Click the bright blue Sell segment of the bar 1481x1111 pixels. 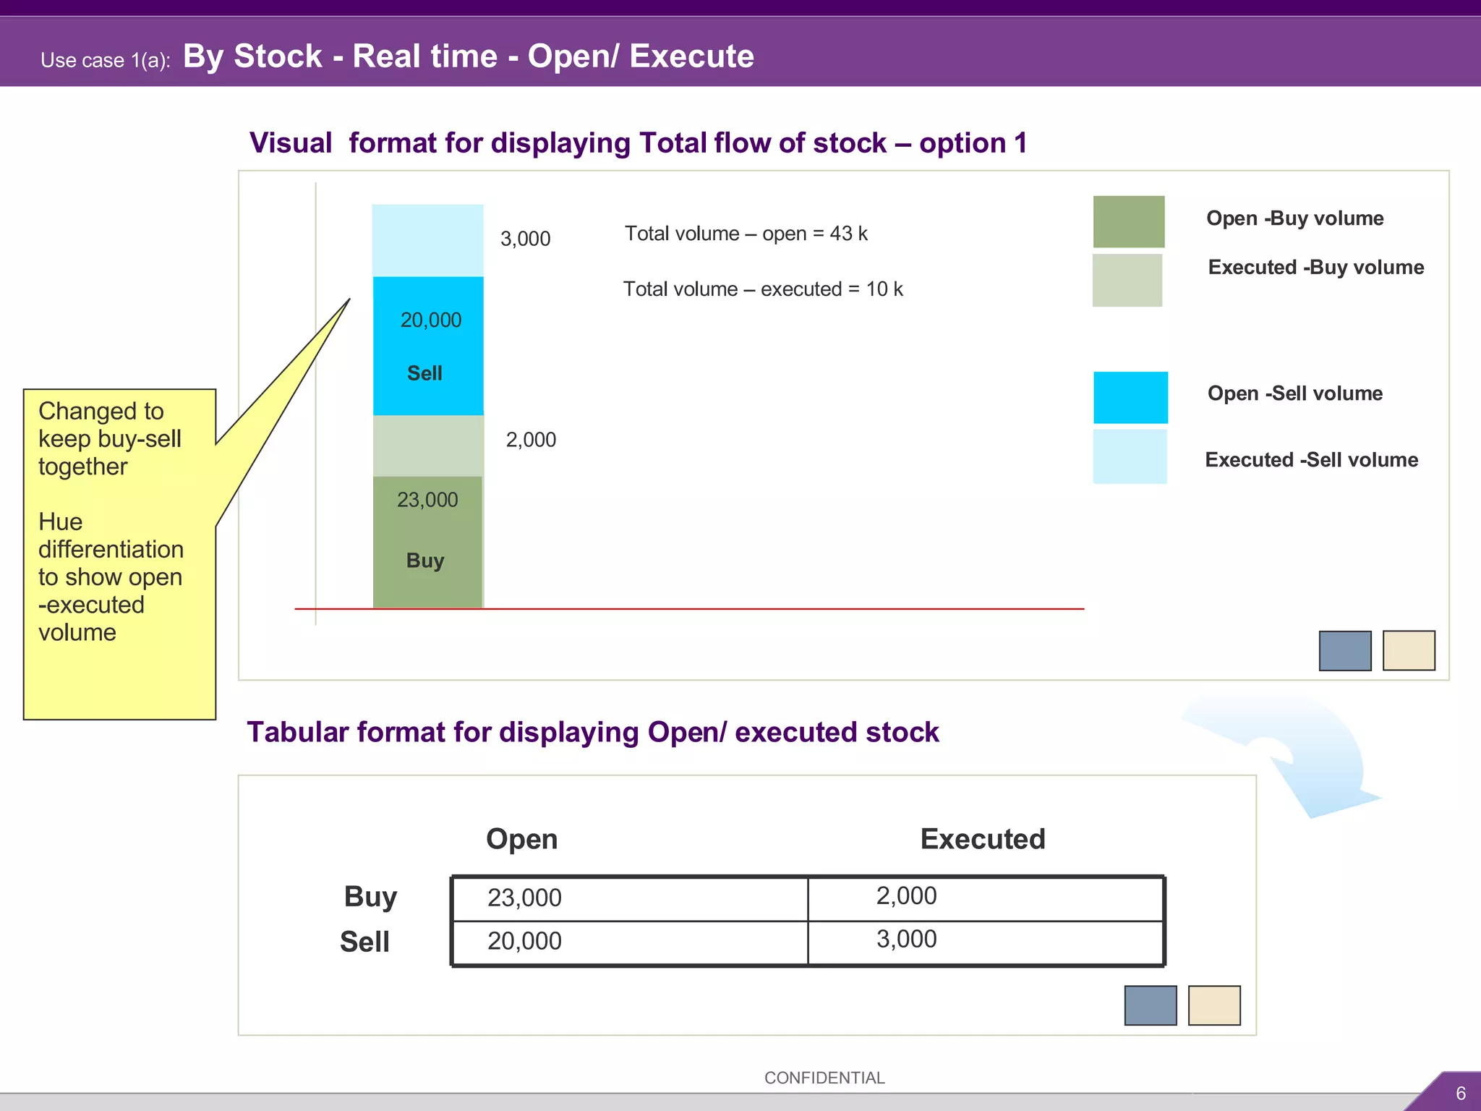click(428, 346)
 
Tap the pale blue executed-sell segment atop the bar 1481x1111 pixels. click(427, 240)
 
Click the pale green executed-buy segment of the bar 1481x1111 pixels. click(428, 446)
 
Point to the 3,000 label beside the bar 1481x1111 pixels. click(525, 239)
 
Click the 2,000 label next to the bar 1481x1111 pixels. click(531, 440)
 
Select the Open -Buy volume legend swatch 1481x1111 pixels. click(1128, 221)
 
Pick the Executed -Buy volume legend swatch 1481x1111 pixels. click(1127, 280)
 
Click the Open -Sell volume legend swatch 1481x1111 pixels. click(1130, 397)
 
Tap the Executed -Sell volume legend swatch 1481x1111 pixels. click(1130, 456)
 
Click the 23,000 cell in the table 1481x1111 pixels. click(629, 898)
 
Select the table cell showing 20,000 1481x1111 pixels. click(629, 942)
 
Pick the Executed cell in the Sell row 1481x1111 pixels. click(985, 942)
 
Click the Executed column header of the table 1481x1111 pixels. click(983, 839)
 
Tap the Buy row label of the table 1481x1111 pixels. click(370, 897)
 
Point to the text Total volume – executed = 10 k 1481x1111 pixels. click(763, 289)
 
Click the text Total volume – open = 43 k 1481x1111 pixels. click(746, 234)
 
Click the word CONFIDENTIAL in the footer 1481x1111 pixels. click(824, 1078)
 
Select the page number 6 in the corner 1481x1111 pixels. click(1460, 1094)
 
